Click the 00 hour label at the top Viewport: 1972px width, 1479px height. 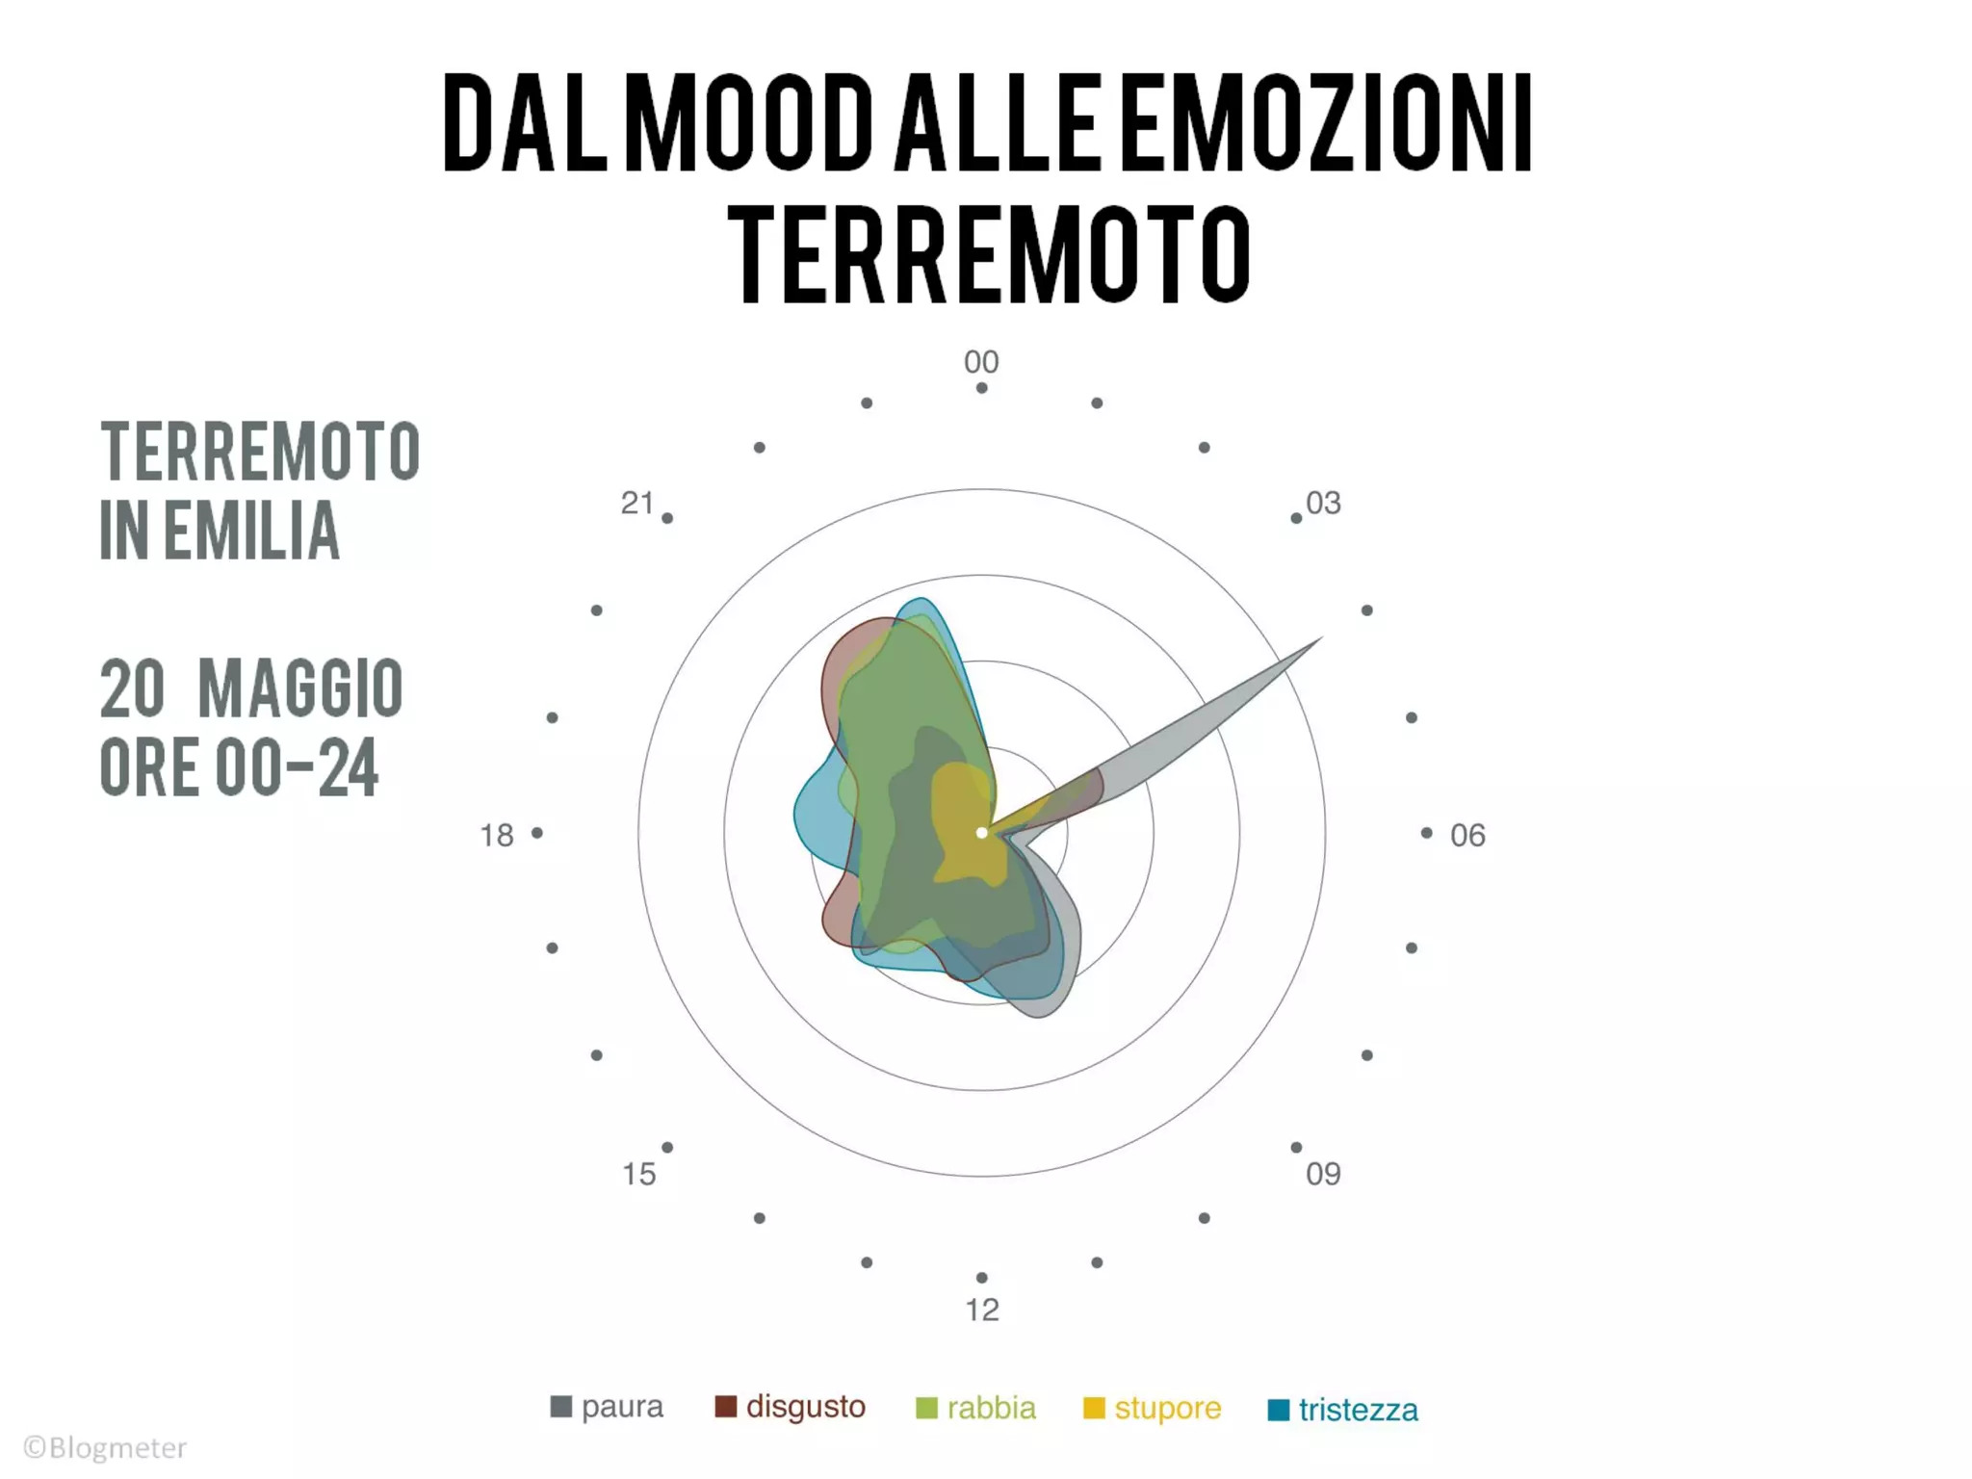pyautogui.click(x=981, y=362)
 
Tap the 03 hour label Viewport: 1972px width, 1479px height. pyautogui.click(x=1323, y=503)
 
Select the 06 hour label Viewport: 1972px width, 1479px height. pyautogui.click(x=1467, y=835)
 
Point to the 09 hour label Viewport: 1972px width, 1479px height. pyautogui.click(x=1323, y=1174)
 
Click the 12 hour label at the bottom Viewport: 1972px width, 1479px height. pyautogui.click(x=982, y=1310)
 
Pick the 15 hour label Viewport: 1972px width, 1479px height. pyautogui.click(x=638, y=1174)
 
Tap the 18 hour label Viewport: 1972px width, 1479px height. pyautogui.click(x=497, y=835)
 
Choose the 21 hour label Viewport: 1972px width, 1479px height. pyautogui.click(x=637, y=503)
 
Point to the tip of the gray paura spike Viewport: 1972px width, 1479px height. pyautogui.click(x=1321, y=638)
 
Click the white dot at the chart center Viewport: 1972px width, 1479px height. pyautogui.click(x=981, y=833)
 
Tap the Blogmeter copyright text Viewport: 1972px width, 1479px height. pyautogui.click(x=106, y=1447)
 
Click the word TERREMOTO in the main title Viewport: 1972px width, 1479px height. pyautogui.click(x=988, y=252)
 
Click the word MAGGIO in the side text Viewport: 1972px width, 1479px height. pyautogui.click(x=300, y=688)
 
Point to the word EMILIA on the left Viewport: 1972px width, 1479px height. pyautogui.click(x=251, y=530)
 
